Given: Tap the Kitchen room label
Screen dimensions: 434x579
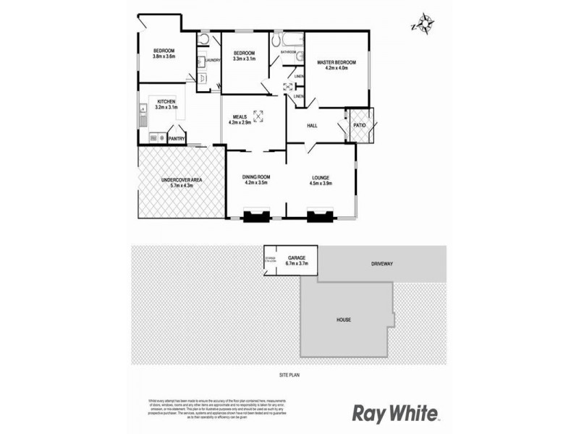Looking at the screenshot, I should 166,102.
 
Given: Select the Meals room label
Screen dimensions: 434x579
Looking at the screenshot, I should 240,116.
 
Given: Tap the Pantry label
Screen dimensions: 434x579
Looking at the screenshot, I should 177,138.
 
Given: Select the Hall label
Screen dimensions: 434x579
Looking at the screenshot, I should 313,126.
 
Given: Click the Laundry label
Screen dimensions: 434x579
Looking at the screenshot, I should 213,60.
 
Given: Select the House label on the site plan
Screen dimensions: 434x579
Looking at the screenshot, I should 343,319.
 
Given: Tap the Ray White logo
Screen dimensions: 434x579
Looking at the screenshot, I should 394,413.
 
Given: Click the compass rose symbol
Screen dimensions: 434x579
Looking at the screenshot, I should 422,24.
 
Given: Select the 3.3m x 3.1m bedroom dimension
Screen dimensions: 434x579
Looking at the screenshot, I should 244,59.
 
